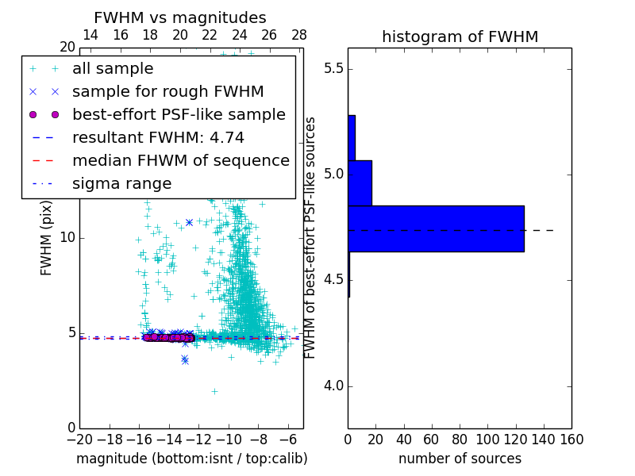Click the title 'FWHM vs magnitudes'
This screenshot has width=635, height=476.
[179, 17]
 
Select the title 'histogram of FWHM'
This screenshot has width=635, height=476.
[460, 36]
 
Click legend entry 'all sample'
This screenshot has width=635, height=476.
[113, 69]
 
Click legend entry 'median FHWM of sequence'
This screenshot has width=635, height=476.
[180, 161]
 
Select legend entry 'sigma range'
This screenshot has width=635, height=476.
[121, 184]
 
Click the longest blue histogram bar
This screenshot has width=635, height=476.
[436, 228]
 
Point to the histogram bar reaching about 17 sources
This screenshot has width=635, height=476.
[360, 182]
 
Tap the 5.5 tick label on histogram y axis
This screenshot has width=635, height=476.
[333, 68]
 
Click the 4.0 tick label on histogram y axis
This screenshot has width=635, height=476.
[333, 386]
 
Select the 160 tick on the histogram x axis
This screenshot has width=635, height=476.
[571, 438]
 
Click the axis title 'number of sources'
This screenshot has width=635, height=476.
[460, 459]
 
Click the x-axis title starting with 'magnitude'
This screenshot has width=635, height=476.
[191, 459]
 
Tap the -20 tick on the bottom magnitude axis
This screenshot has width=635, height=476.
[79, 438]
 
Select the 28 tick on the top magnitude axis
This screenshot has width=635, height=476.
[299, 35]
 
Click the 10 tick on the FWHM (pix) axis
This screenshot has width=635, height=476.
[67, 238]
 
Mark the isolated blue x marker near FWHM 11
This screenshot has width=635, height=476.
[189, 222]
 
